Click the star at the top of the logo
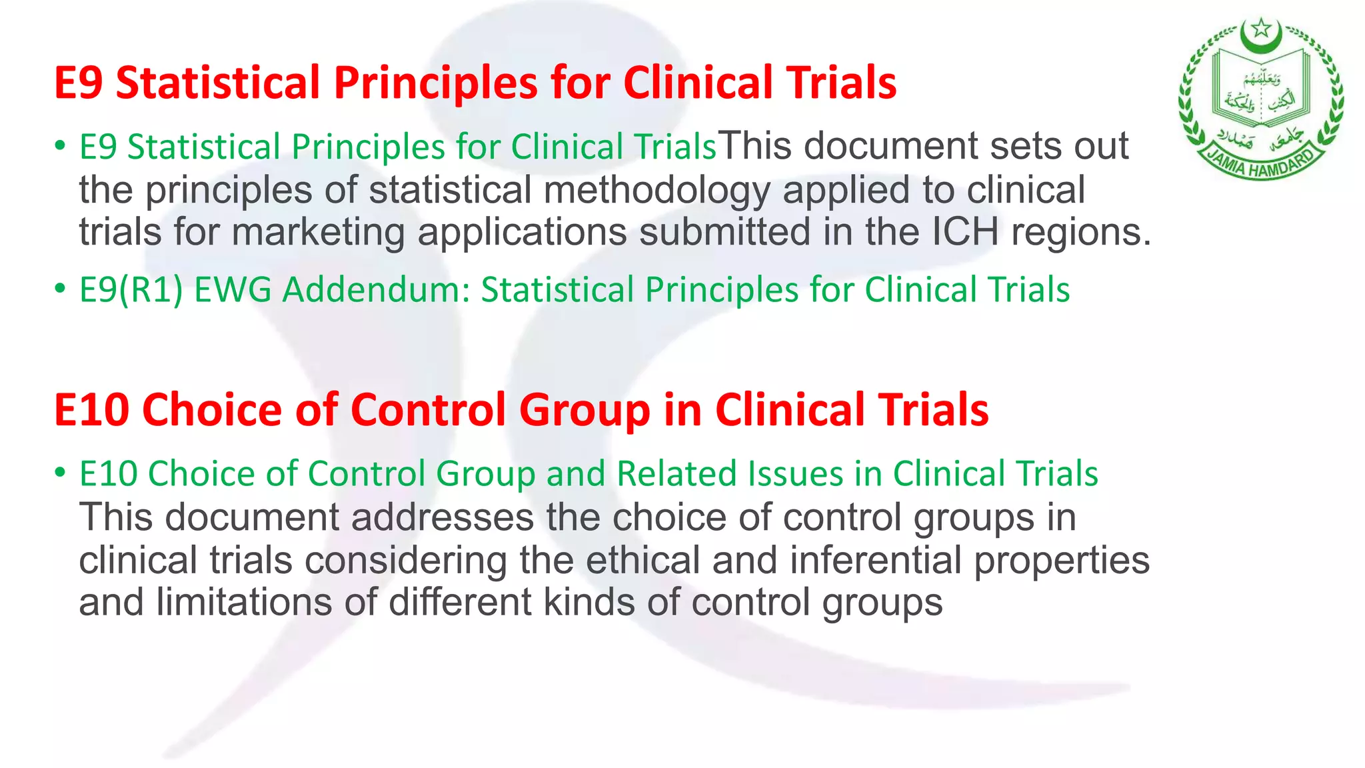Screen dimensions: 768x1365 pos(1260,29)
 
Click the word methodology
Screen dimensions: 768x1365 pos(657,190)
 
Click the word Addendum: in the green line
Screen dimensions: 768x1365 pos(377,290)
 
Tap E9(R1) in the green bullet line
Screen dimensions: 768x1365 pos(131,290)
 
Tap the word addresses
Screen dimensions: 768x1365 pos(443,517)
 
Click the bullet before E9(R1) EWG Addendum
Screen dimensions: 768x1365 pos(61,289)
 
